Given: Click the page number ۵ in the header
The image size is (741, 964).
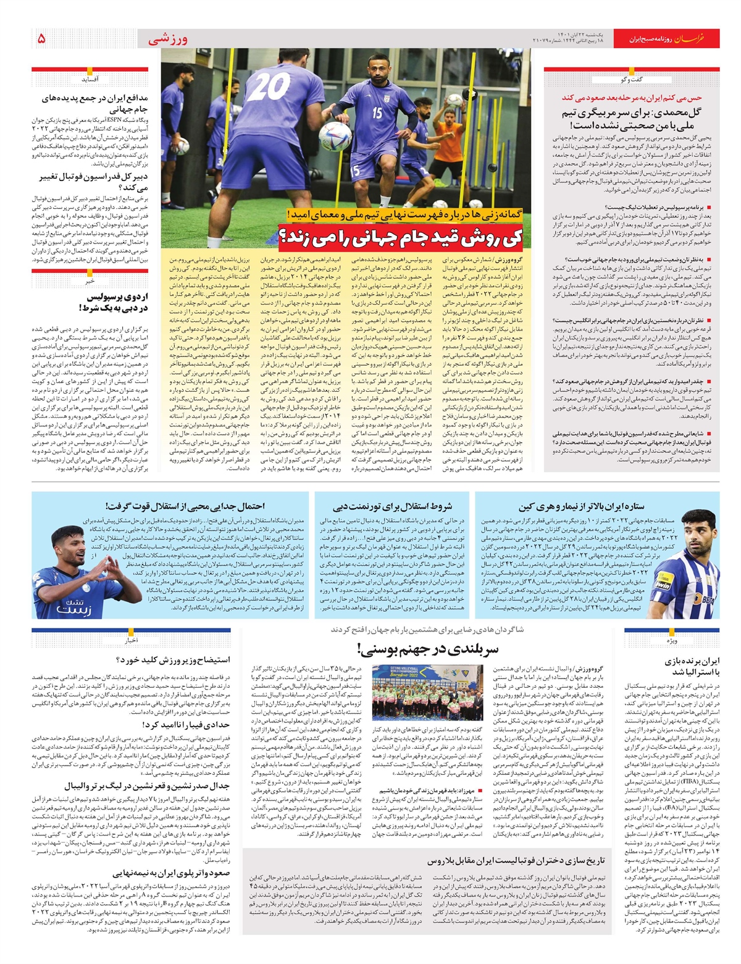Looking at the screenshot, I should click(41, 39).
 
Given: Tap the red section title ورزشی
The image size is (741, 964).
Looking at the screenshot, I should click(167, 40).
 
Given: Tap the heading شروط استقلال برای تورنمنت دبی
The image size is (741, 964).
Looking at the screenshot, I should click(393, 507).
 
